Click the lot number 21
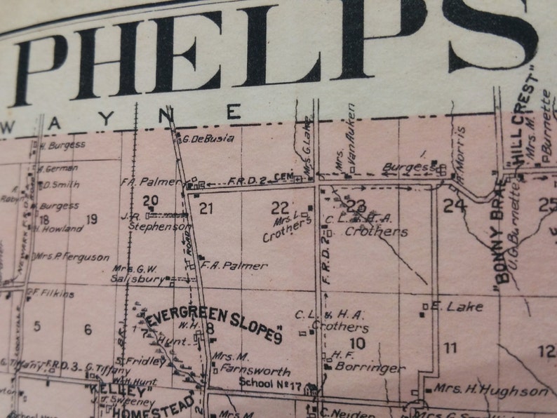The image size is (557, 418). [206, 208]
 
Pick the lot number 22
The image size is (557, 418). [280, 207]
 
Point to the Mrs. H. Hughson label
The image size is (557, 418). [490, 391]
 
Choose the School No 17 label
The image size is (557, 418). [271, 383]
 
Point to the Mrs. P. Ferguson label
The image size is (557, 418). [65, 257]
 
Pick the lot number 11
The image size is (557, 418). [450, 347]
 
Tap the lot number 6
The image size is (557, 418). [88, 330]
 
